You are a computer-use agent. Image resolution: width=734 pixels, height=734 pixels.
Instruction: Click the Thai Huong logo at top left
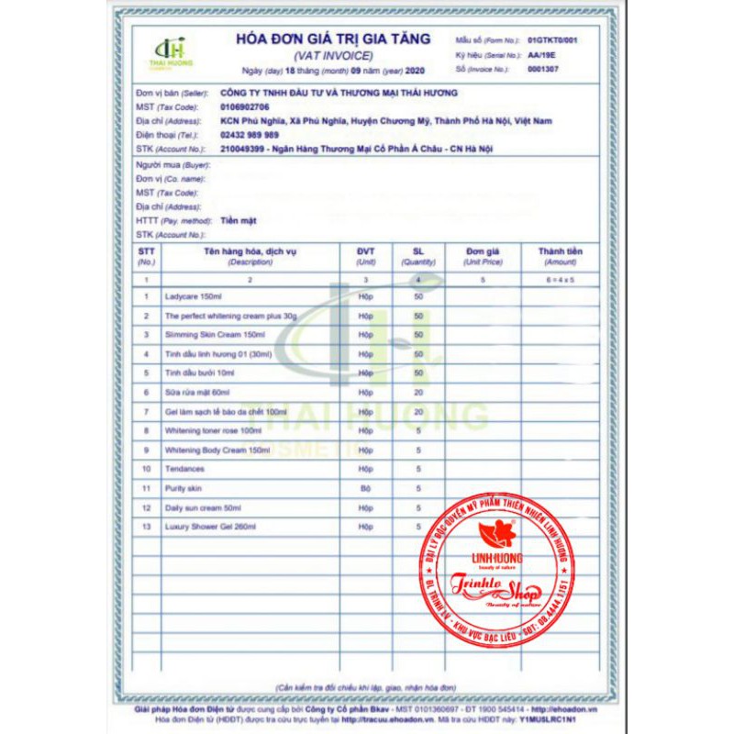click(x=171, y=52)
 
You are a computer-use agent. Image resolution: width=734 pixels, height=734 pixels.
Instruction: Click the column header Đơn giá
click(x=481, y=250)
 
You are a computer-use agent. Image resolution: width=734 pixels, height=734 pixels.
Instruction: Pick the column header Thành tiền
click(x=560, y=250)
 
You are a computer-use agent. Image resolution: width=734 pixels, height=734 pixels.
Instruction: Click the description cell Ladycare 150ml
click(x=195, y=295)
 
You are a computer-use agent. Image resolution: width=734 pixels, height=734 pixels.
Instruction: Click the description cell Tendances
click(x=185, y=469)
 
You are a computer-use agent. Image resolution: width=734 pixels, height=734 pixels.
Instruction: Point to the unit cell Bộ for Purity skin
click(x=366, y=488)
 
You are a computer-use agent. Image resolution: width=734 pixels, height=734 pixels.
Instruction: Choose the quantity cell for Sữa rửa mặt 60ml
click(x=418, y=392)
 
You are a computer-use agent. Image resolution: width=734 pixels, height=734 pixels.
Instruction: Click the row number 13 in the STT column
click(x=146, y=527)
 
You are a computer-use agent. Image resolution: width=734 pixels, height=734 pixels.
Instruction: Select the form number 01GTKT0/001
click(x=553, y=41)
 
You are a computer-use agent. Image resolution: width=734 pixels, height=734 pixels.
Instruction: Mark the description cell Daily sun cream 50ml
click(x=203, y=507)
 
